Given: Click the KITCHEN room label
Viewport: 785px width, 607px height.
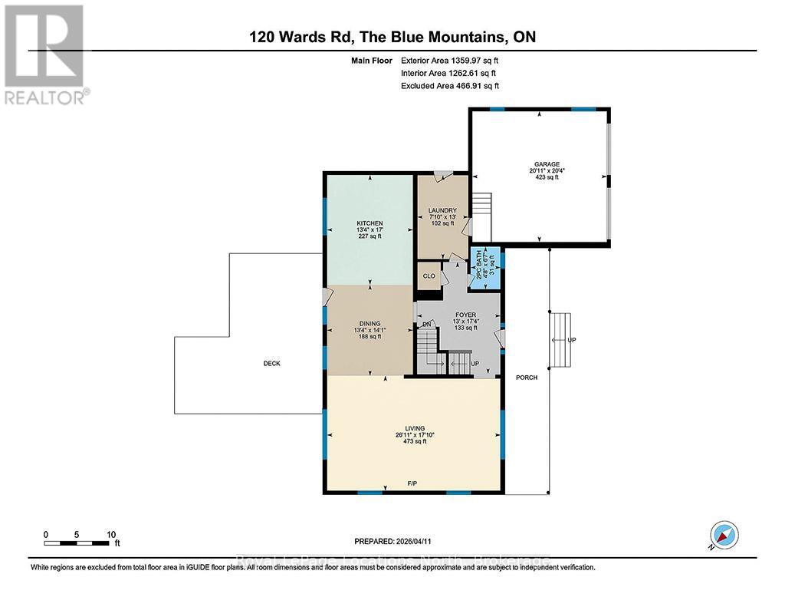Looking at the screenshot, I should tap(369, 223).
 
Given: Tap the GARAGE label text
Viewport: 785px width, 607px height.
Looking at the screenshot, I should tap(547, 164).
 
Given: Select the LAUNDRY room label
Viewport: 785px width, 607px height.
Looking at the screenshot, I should tap(442, 211).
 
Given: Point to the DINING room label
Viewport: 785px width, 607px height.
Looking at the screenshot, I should tap(369, 324).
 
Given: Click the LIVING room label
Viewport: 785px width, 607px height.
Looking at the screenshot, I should tap(415, 428).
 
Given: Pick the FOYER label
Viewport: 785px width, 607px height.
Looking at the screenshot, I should tap(465, 315).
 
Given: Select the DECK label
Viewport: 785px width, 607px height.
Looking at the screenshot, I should tap(271, 364).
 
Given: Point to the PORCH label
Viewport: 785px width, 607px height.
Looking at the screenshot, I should tap(527, 378).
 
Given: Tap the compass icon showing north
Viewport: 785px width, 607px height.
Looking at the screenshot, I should tap(723, 536).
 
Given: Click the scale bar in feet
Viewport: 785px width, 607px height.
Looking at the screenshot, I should tap(79, 544).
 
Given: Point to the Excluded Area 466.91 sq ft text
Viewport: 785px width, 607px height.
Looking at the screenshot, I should tap(450, 86).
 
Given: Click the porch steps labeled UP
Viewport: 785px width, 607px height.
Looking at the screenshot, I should tap(563, 338).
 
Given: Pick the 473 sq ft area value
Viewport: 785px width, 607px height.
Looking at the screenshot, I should tap(415, 441).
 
